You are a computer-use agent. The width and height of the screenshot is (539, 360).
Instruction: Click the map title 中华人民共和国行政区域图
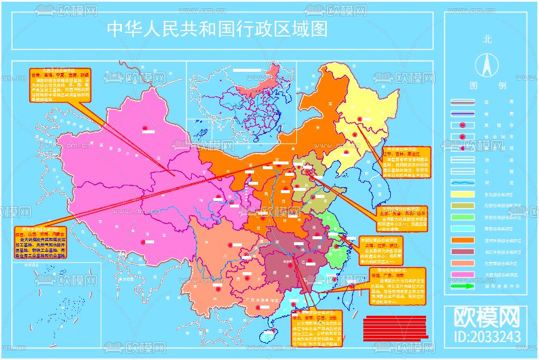click(217, 29)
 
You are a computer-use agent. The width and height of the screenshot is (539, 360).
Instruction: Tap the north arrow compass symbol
click(487, 63)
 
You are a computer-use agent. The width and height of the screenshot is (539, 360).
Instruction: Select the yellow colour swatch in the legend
click(463, 194)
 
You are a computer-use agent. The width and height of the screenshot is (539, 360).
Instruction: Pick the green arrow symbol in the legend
click(463, 286)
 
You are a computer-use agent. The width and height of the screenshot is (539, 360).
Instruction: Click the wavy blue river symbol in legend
click(463, 183)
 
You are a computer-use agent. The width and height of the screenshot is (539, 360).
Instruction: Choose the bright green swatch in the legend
click(463, 216)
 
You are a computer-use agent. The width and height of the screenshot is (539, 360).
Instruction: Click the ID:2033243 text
click(487, 337)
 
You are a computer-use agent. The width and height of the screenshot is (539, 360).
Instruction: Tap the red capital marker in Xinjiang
click(145, 129)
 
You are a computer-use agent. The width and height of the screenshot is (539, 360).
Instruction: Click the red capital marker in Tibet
click(143, 242)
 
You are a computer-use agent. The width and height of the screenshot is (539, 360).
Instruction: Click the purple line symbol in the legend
click(463, 113)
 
